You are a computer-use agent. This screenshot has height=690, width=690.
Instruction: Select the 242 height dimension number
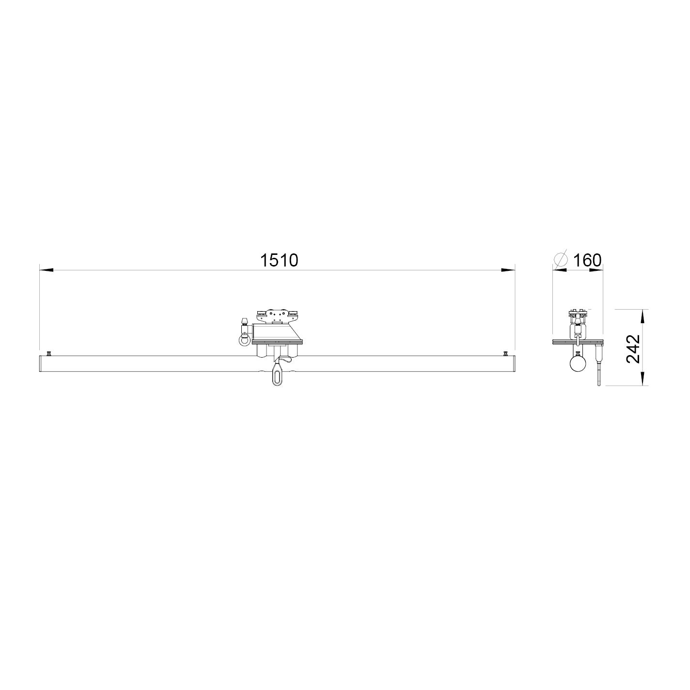[633, 349]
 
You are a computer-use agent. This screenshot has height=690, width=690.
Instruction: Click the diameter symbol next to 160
[561, 260]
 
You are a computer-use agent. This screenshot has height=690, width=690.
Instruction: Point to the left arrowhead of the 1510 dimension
[46, 270]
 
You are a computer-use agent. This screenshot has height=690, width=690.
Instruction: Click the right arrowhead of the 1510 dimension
[508, 270]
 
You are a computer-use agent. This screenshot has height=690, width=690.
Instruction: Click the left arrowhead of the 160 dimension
[560, 270]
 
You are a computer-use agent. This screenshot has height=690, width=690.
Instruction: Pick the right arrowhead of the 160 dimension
[596, 270]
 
